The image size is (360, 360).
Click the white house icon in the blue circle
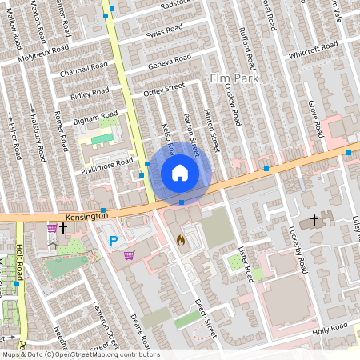[180, 172]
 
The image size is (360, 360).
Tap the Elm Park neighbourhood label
[231, 78]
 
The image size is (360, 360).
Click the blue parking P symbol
[114, 239]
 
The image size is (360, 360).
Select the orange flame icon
[180, 238]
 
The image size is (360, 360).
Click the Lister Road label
[246, 263]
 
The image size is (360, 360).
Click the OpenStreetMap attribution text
[80, 354]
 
